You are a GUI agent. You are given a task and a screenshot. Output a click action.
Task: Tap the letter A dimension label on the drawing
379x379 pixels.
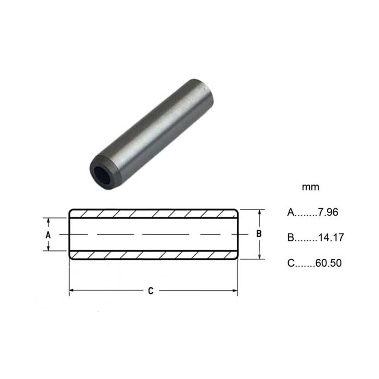pos(48,235)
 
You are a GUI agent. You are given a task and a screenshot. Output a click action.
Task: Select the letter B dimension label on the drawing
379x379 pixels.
pos(259,234)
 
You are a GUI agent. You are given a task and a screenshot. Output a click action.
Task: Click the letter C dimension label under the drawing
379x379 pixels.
pos(151,291)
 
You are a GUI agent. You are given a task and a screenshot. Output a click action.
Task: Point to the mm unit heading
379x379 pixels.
pos(310,187)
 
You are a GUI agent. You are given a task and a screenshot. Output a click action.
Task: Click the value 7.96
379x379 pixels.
pos(328,212)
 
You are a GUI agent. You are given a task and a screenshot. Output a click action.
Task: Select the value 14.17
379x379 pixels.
pos(331,238)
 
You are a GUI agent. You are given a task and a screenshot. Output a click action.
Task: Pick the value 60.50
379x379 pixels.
pos(328,263)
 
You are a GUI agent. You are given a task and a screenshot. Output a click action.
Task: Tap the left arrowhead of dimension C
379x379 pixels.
pos(72,290)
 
